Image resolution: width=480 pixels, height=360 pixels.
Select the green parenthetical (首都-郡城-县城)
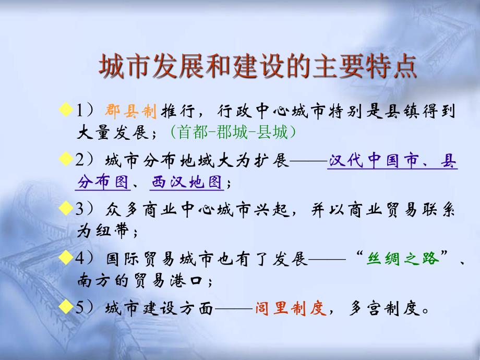tap(233, 133)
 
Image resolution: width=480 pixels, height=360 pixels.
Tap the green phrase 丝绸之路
tap(403, 259)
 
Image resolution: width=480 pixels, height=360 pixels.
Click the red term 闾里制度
tap(291, 308)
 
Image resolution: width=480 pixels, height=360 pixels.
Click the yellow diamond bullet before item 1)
tap(65, 110)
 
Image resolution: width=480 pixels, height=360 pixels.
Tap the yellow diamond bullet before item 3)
tap(65, 209)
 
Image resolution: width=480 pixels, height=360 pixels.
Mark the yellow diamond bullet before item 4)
tap(65, 258)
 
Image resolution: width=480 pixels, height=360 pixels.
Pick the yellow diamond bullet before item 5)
tap(65, 307)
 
